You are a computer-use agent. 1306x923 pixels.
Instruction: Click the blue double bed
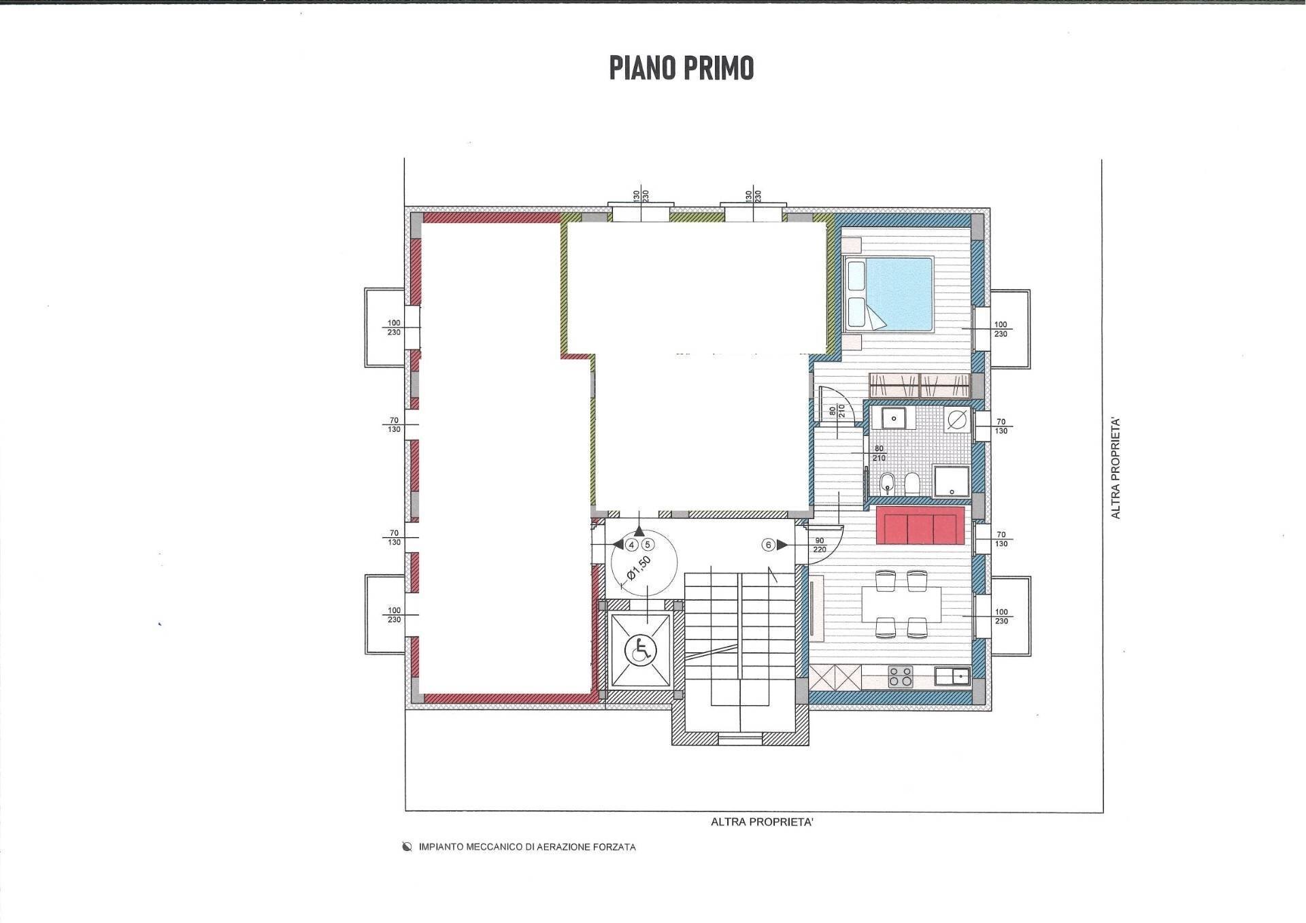887,294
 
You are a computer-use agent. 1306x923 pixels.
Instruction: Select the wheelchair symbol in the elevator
641,650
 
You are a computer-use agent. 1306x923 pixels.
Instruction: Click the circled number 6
769,545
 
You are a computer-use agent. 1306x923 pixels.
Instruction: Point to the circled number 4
631,545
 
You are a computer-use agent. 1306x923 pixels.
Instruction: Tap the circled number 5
648,545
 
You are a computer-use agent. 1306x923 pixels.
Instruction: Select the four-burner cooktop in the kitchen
901,677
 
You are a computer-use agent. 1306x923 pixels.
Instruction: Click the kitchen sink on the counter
952,677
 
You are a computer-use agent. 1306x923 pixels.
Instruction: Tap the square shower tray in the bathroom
952,482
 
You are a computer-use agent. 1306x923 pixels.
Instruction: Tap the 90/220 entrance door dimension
819,546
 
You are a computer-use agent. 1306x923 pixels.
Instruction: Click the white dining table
901,604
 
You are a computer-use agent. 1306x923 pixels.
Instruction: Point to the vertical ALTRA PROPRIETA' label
1116,469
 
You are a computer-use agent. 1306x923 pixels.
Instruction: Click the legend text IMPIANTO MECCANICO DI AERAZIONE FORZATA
527,848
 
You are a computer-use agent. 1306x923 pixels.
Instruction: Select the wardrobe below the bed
919,385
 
